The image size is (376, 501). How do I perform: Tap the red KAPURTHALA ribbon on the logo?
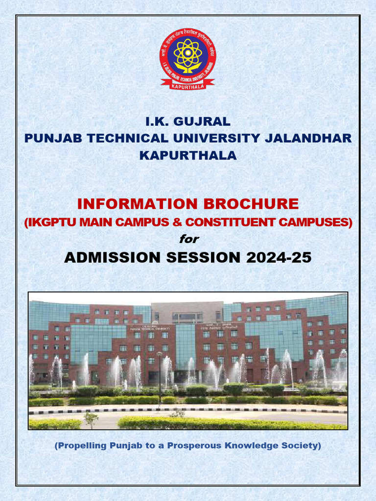click(x=188, y=86)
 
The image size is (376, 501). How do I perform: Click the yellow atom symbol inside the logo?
click(x=188, y=53)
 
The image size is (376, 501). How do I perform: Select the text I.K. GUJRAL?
click(x=188, y=121)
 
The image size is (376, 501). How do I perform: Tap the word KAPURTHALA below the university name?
click(x=188, y=156)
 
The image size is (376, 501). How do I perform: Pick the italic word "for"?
click(x=188, y=239)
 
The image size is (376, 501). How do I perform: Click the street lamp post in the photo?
click(x=159, y=377)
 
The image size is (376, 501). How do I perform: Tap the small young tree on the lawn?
click(x=91, y=418)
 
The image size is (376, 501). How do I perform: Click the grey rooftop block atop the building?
click(x=188, y=312)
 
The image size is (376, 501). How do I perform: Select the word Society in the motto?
click(x=303, y=446)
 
